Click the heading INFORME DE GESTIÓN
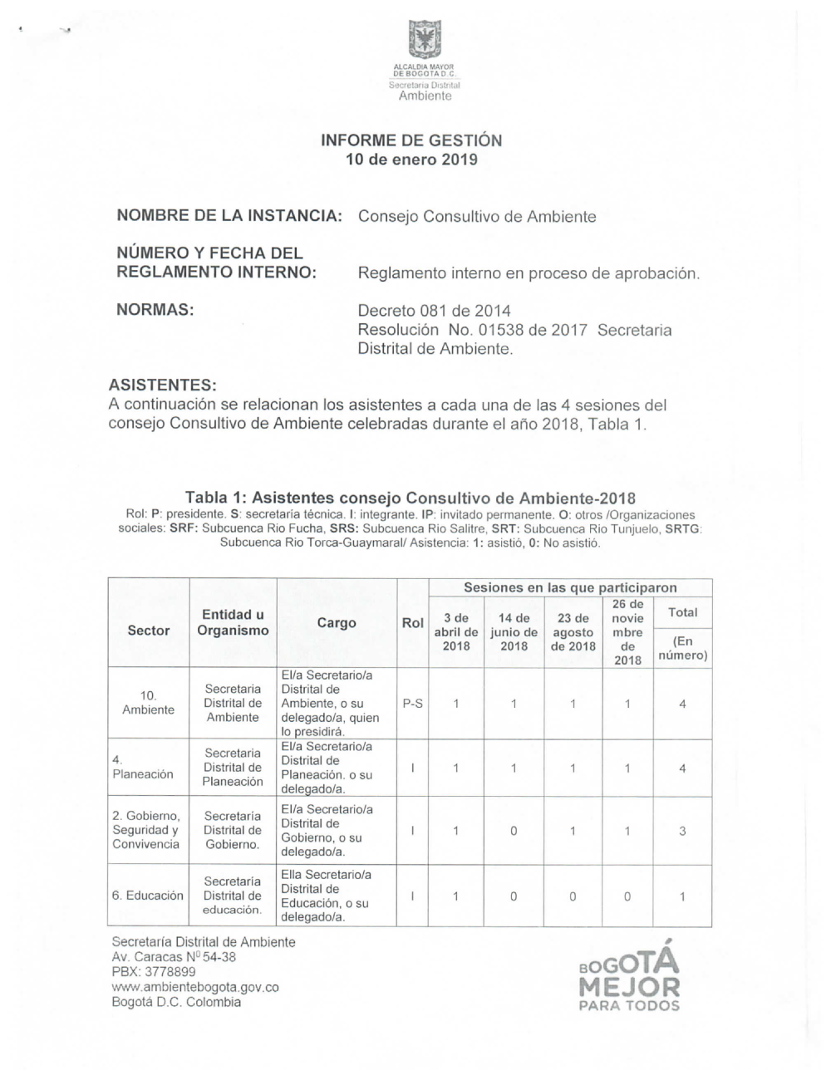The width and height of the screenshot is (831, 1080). pyautogui.click(x=411, y=140)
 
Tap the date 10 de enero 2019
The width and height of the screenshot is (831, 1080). pyautogui.click(x=411, y=160)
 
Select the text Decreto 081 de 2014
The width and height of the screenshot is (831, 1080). pyautogui.click(x=434, y=312)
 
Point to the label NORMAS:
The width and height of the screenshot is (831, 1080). pyautogui.click(x=155, y=311)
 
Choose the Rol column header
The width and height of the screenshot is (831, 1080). pyautogui.click(x=412, y=623)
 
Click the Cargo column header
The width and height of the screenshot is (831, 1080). pyautogui.click(x=337, y=623)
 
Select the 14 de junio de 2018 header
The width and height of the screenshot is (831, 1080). pyautogui.click(x=514, y=631)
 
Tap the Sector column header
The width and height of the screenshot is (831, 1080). pyautogui.click(x=149, y=631)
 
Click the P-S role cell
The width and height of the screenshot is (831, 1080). pyautogui.click(x=412, y=704)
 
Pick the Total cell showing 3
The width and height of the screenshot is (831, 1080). pyautogui.click(x=682, y=831)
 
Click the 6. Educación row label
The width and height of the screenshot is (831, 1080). pyautogui.click(x=148, y=896)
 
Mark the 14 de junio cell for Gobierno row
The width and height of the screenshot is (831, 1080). pyautogui.click(x=514, y=831)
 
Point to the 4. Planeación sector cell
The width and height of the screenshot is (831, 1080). pyautogui.click(x=143, y=767)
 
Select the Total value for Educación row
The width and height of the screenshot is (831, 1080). pyautogui.click(x=682, y=896)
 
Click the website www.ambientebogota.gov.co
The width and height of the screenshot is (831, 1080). pyautogui.click(x=195, y=987)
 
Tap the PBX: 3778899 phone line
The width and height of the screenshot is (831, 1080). pyautogui.click(x=154, y=972)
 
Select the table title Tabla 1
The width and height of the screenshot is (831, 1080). pyautogui.click(x=410, y=498)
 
